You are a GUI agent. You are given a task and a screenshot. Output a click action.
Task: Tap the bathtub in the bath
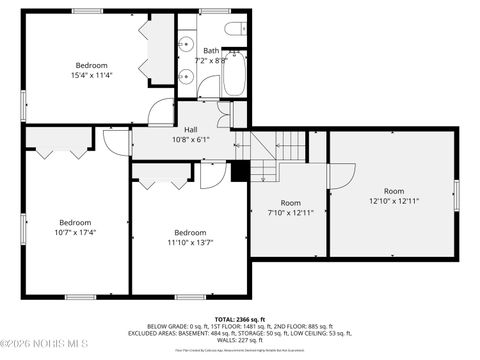234,74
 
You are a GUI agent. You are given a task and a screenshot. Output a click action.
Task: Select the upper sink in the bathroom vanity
186,44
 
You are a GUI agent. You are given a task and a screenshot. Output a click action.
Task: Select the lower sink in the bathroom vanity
186,75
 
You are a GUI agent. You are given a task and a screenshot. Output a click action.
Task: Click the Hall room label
189,130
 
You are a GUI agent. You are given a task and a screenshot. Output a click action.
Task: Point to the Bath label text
211,50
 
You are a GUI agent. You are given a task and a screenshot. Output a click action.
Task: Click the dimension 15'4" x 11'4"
91,76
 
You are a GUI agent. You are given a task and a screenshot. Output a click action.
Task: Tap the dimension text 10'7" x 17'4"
75,232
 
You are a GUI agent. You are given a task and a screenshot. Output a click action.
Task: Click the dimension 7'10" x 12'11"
290,212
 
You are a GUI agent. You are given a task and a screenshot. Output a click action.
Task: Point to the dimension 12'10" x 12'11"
393,200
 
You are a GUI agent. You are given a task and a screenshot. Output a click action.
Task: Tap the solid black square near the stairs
239,171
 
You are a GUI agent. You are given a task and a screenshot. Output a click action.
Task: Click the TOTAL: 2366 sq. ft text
239,318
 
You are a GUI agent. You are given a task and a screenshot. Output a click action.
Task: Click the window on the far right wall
455,195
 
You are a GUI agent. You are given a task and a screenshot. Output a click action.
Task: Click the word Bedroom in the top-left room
91,66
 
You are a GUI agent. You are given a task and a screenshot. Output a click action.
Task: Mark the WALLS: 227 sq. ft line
239,340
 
